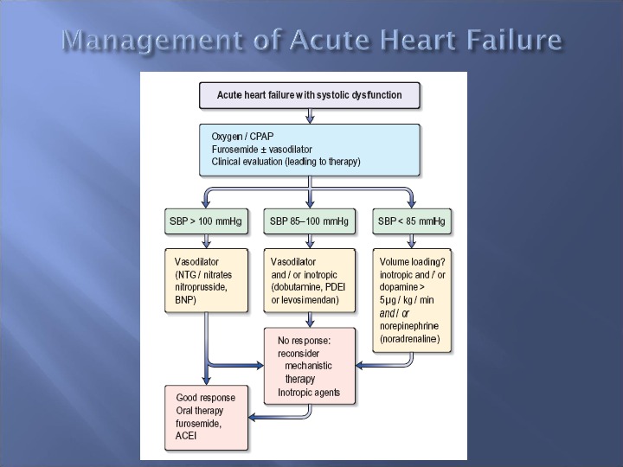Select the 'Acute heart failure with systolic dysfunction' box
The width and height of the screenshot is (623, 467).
[x=309, y=95]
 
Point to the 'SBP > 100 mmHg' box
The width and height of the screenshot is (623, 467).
[x=205, y=221]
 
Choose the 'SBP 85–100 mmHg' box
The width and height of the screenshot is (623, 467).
[x=309, y=221]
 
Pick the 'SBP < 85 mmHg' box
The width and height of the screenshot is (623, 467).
[x=411, y=221]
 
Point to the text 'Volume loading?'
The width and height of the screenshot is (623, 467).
[x=413, y=261]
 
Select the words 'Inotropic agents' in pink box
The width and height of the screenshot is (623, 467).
[x=309, y=393]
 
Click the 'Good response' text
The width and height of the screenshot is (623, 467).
[x=206, y=398]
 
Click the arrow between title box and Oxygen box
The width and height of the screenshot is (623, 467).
[x=309, y=116]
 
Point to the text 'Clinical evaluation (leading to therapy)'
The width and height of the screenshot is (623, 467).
[x=286, y=162]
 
